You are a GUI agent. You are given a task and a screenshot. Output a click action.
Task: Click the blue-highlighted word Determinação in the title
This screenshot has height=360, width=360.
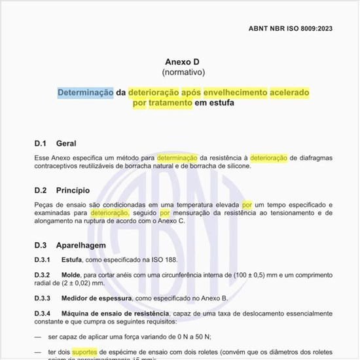(x=86, y=92)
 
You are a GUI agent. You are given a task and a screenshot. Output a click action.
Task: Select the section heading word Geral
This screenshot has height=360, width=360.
(x=66, y=143)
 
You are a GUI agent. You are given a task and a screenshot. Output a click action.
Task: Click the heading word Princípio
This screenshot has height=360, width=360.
(x=73, y=191)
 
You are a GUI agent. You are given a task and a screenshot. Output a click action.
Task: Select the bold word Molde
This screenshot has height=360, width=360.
(x=71, y=274)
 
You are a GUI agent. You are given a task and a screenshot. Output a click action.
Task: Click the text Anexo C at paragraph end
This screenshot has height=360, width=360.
(x=170, y=222)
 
